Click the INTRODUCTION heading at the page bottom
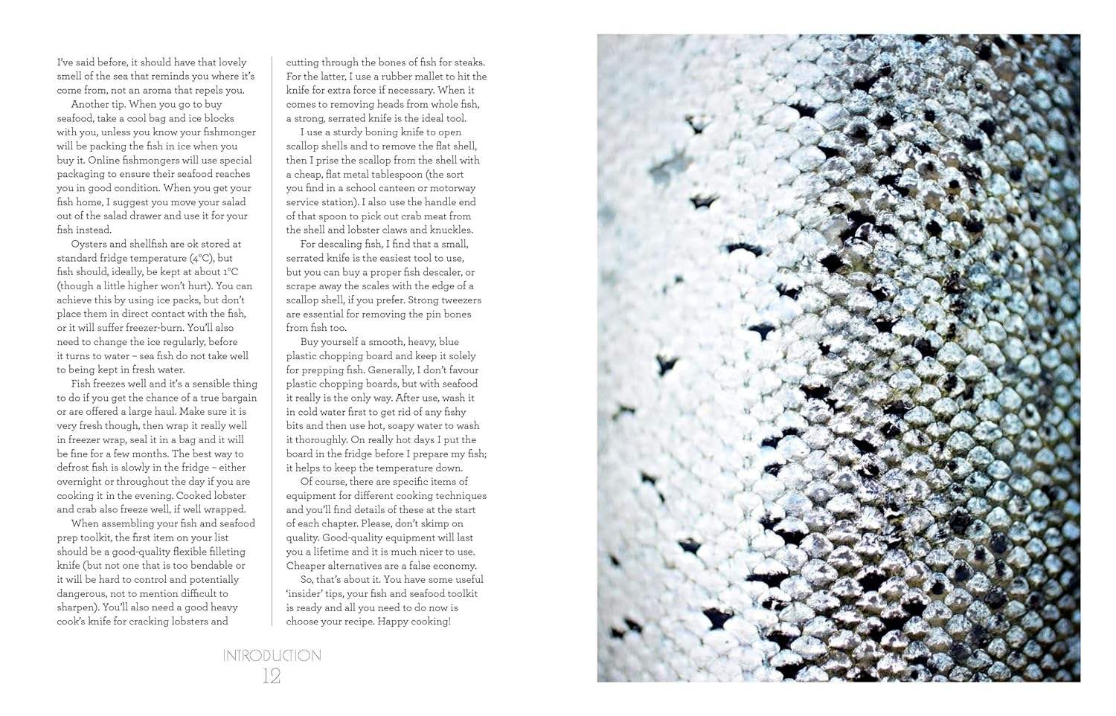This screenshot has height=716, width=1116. tap(272, 656)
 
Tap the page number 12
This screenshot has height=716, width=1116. tap(272, 677)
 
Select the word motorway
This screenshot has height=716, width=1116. tap(452, 188)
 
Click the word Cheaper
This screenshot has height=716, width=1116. tap(307, 566)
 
